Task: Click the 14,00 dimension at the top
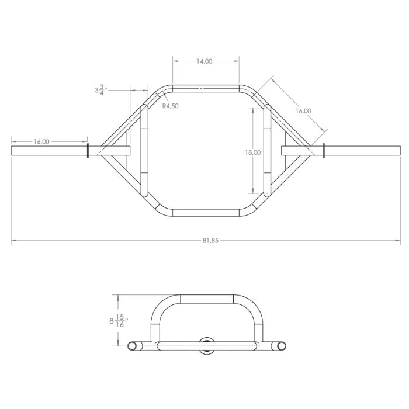pos(204,61)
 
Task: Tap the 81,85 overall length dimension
pos(204,240)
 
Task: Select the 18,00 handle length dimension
pos(253,152)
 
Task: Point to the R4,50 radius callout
pos(170,106)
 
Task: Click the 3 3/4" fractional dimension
pos(100,91)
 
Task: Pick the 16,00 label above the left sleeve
pos(41,141)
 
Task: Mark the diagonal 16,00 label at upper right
pos(303,110)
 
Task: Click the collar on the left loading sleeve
pos(88,150)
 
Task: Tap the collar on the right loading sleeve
pos(321,150)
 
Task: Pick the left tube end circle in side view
pos(133,345)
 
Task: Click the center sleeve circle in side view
pos(206,345)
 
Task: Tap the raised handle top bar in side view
pos(207,300)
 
